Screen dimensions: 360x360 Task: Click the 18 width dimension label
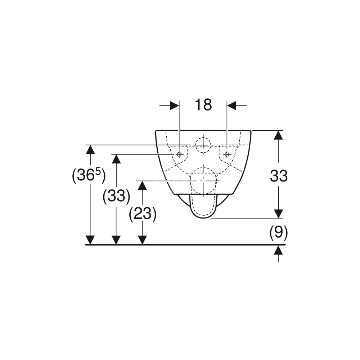tap(203, 105)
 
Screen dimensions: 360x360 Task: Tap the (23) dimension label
tap(143, 214)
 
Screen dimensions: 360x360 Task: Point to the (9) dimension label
tap(279, 233)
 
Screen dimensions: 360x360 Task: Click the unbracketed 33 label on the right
tap(279, 176)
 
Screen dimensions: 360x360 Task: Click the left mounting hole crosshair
tap(179, 154)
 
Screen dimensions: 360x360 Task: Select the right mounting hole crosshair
tap(227, 154)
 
